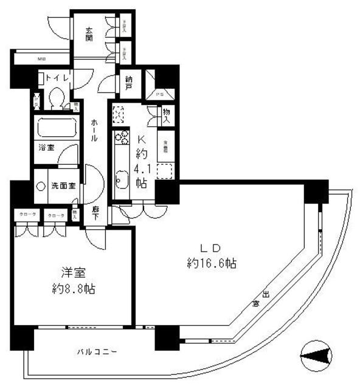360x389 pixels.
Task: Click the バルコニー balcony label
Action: coord(97,351)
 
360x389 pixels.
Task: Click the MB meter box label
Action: coord(41,59)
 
